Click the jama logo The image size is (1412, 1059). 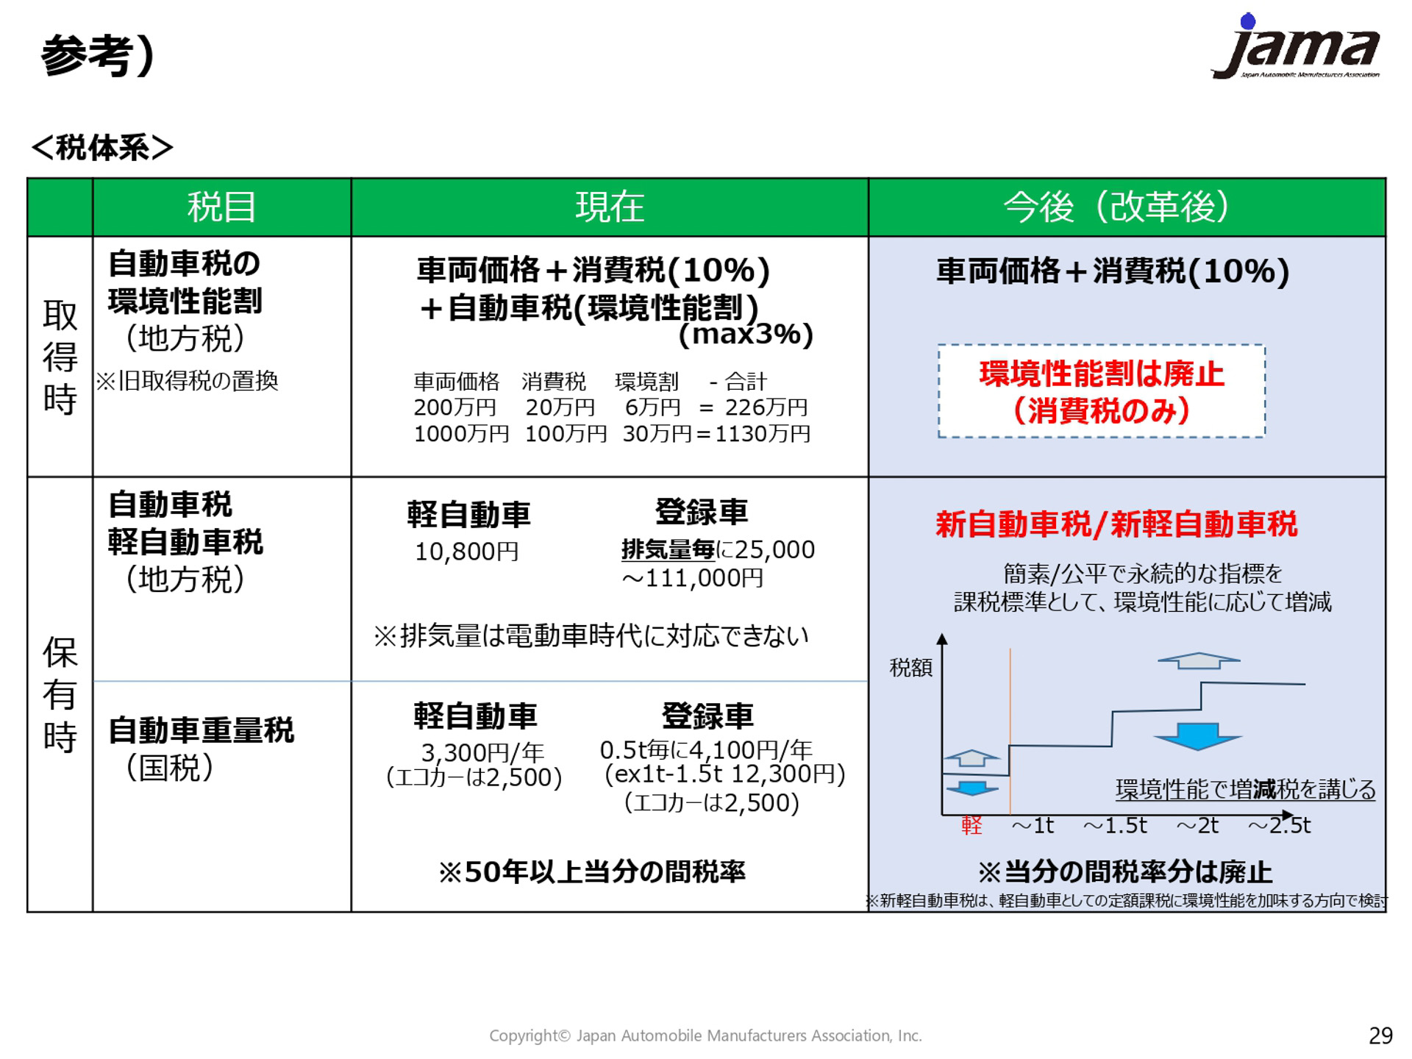pos(1295,46)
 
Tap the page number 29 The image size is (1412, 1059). pos(1380,1035)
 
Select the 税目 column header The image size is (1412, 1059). pos(221,207)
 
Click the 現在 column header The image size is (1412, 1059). pos(610,207)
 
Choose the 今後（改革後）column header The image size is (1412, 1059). pos(1116,207)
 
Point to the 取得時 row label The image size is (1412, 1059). pos(60,357)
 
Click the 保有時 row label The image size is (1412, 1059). pos(60,694)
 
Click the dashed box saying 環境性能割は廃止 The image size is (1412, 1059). pos(1101,391)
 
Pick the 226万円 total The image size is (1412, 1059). pos(766,407)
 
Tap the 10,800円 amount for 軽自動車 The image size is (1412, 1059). pos(467,551)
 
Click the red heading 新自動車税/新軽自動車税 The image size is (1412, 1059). pos(1116,524)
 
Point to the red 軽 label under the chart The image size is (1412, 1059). pos(971,825)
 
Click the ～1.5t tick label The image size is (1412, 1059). pos(1115,825)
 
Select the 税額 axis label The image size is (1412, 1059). pos(910,667)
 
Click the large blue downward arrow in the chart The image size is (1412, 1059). pos(1198,736)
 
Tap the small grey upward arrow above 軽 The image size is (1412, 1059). pos(971,757)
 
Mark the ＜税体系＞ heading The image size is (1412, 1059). pos(102,147)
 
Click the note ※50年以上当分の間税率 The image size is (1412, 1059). pos(592,871)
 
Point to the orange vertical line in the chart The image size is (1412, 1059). pos(1010,730)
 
